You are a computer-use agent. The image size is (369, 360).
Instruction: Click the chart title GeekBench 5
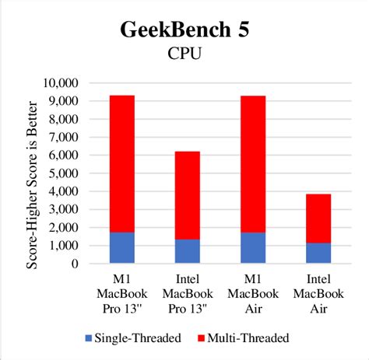[185, 30]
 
